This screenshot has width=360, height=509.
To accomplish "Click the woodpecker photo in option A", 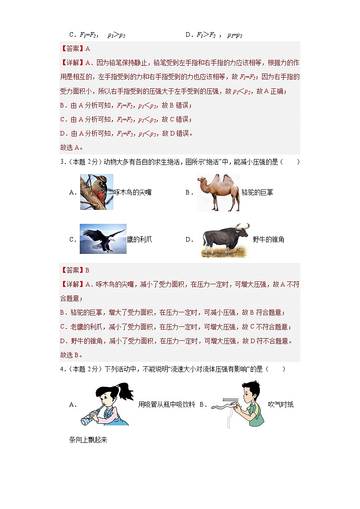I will coord(97,192).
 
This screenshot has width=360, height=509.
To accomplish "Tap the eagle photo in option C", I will coord(103,239).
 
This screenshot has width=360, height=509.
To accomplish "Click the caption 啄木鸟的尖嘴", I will coord(132,193).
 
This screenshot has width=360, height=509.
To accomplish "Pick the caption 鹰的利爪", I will coord(139,240).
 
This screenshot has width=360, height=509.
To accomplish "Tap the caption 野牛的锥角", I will coord(268,240).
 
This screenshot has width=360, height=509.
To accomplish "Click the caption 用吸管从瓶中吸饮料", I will coord(166,405).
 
